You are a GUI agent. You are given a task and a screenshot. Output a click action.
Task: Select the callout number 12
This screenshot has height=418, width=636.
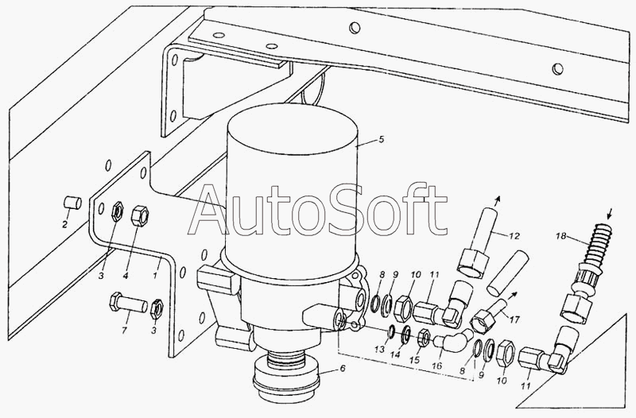tap(514, 236)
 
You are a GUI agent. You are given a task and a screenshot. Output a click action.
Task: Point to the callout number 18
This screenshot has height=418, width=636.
tap(560, 236)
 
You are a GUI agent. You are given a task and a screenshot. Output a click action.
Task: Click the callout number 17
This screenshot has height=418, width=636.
tap(514, 319)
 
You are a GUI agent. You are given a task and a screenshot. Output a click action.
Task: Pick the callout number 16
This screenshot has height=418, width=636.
tap(436, 366)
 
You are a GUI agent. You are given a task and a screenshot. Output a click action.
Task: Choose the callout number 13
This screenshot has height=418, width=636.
tap(379, 349)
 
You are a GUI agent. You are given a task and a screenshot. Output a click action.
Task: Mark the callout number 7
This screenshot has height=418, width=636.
tap(124, 331)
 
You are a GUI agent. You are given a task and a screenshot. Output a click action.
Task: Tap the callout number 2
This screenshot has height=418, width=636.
tap(64, 224)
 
